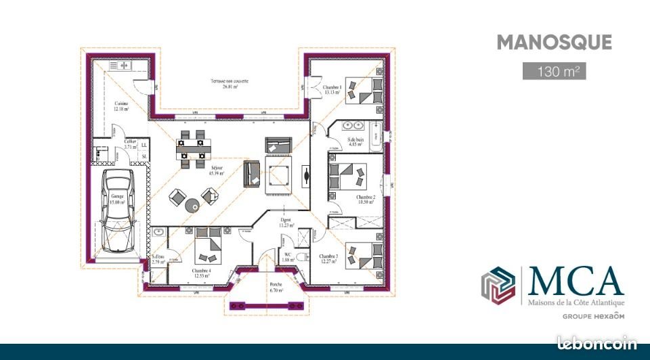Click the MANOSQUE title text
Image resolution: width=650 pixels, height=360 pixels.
554,42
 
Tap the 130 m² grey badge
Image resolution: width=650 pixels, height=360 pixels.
554,70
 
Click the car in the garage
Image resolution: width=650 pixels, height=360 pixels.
119,210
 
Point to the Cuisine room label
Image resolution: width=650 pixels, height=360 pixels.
121,104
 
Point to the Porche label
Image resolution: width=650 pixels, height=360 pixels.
276,284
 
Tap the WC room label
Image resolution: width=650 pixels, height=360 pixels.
287,255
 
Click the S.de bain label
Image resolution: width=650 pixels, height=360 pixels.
356,139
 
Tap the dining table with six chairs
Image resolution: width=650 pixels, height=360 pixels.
191,148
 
